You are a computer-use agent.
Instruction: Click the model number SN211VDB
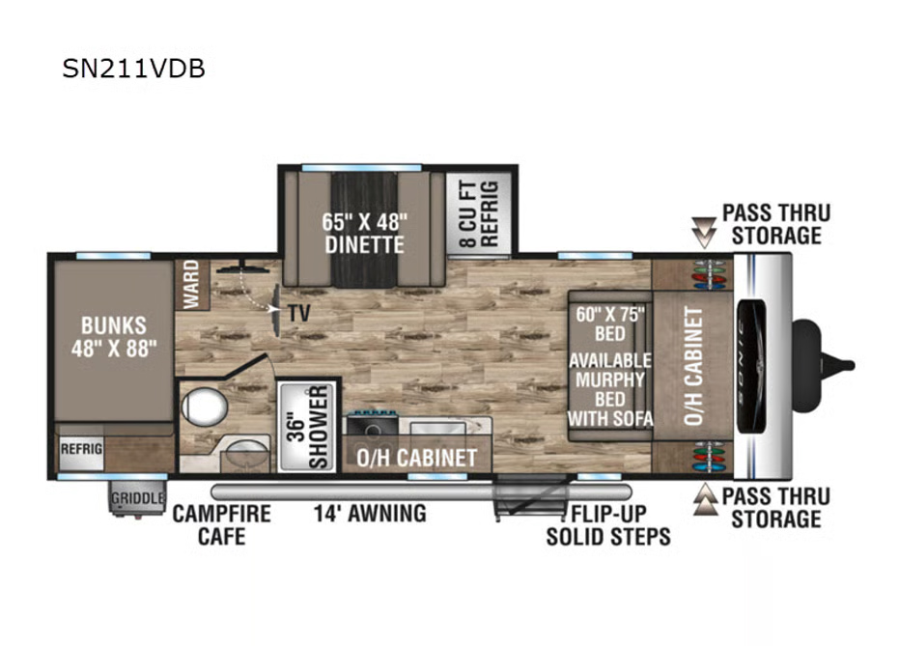[x=133, y=69]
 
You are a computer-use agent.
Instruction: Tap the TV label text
[x=298, y=313]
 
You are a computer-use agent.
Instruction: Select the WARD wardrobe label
[x=191, y=284]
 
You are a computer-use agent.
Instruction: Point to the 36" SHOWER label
[x=308, y=427]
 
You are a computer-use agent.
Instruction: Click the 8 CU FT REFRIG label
[x=479, y=214]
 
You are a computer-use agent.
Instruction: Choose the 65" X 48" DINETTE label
[x=364, y=234]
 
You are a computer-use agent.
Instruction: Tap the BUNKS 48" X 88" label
[x=114, y=336]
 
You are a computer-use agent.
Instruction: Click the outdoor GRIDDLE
[x=137, y=497]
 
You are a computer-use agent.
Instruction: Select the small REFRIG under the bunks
[x=81, y=448]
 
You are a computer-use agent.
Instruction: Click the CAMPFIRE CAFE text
[x=221, y=524]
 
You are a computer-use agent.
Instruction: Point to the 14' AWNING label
[x=370, y=513]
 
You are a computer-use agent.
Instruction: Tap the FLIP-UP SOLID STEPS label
[x=608, y=525]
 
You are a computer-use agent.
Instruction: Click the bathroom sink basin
[x=246, y=454]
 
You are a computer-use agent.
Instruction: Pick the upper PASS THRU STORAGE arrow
[x=704, y=232]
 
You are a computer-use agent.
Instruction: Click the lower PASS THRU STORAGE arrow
[x=705, y=498]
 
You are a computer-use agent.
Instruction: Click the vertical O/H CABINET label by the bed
[x=693, y=366]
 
